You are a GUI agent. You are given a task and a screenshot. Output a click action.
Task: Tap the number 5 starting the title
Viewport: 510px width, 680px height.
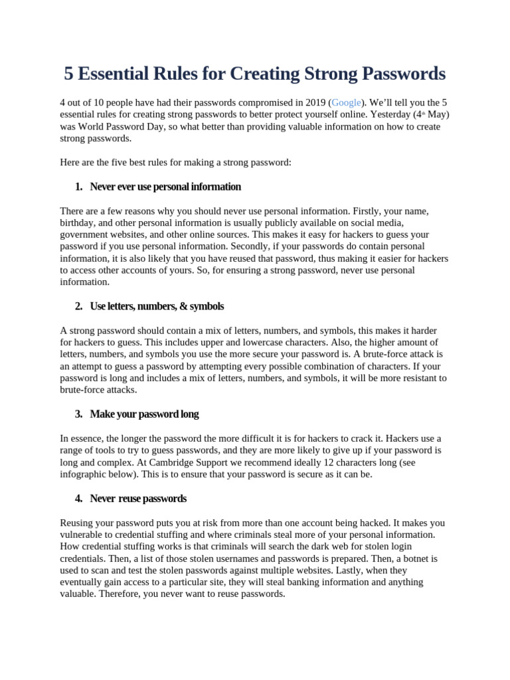tap(69, 73)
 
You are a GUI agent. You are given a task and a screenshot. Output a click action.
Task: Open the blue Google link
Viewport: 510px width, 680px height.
tap(346, 102)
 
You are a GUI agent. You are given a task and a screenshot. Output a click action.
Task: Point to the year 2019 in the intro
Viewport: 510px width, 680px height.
tap(315, 102)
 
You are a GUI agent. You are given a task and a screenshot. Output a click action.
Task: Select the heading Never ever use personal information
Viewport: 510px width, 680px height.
tap(165, 187)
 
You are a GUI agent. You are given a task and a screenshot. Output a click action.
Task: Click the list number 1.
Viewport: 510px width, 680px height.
tap(78, 187)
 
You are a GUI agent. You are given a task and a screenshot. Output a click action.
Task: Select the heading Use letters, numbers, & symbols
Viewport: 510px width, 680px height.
tap(157, 306)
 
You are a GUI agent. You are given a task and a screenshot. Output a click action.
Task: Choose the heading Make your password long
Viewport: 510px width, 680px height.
tap(144, 414)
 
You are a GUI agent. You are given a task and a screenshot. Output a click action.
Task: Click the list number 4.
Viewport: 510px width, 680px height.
tap(78, 498)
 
